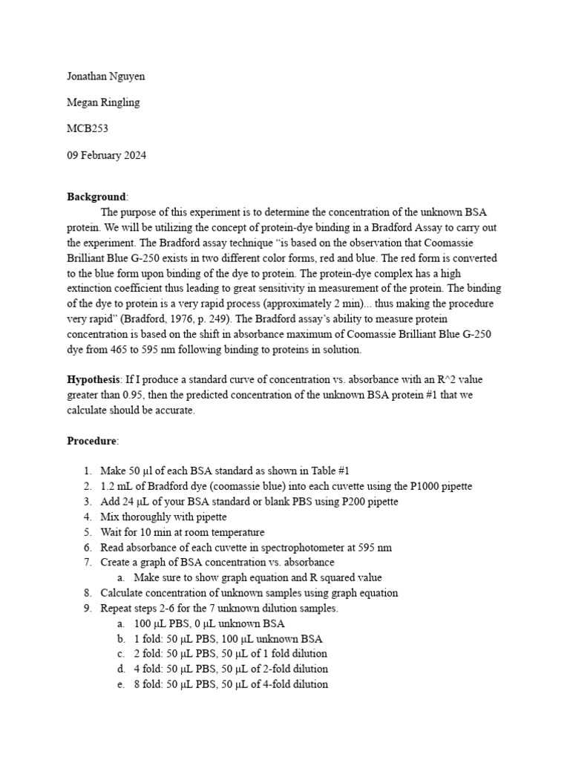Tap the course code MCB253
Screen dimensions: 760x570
(88, 128)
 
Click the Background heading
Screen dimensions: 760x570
(96, 197)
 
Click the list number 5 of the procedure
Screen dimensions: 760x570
(87, 532)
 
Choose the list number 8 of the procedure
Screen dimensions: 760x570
(87, 593)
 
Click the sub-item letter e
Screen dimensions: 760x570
(120, 684)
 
